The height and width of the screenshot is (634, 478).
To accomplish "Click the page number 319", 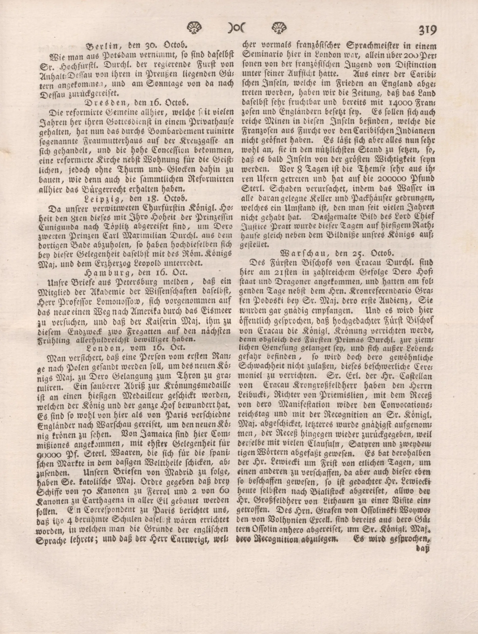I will click(x=427, y=30).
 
